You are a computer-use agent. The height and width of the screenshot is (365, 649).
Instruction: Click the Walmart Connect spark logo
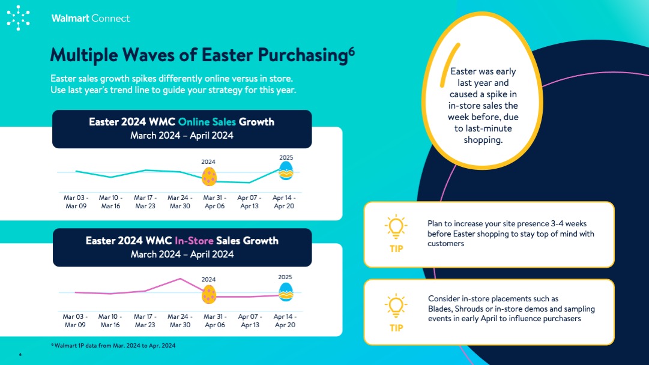pyautogui.click(x=18, y=18)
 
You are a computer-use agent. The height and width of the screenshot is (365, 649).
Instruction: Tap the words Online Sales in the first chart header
pyautogui.click(x=207, y=122)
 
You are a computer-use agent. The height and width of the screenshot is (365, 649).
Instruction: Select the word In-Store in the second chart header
pyautogui.click(x=194, y=241)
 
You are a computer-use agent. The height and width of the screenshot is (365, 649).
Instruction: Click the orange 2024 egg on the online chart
pyautogui.click(x=209, y=176)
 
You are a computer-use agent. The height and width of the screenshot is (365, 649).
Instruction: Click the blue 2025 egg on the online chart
pyautogui.click(x=286, y=170)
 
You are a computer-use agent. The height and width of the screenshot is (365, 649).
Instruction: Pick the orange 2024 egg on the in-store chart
pyautogui.click(x=208, y=294)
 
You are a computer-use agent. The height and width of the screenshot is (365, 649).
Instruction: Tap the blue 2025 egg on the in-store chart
pyautogui.click(x=286, y=292)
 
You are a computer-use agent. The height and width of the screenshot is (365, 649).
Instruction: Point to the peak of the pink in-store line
pyautogui.click(x=180, y=279)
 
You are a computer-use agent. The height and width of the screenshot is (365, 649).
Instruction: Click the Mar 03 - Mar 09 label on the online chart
pyautogui.click(x=76, y=202)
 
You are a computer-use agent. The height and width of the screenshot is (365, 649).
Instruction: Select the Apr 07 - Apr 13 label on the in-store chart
pyautogui.click(x=250, y=321)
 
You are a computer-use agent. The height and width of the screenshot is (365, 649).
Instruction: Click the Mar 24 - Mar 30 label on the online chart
pyautogui.click(x=180, y=202)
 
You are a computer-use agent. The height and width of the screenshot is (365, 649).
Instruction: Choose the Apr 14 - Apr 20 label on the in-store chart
pyautogui.click(x=285, y=321)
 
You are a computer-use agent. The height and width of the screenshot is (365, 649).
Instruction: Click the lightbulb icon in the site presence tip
pyautogui.click(x=396, y=227)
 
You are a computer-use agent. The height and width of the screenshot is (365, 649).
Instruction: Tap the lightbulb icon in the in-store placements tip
pyautogui.click(x=396, y=306)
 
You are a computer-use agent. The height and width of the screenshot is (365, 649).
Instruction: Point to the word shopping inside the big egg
pyautogui.click(x=483, y=140)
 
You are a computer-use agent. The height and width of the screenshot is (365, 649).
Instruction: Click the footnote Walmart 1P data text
pyautogui.click(x=113, y=346)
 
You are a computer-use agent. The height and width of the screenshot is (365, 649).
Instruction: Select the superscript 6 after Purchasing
pyautogui.click(x=351, y=51)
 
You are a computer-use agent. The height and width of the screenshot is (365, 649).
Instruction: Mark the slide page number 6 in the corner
pyautogui.click(x=20, y=355)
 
